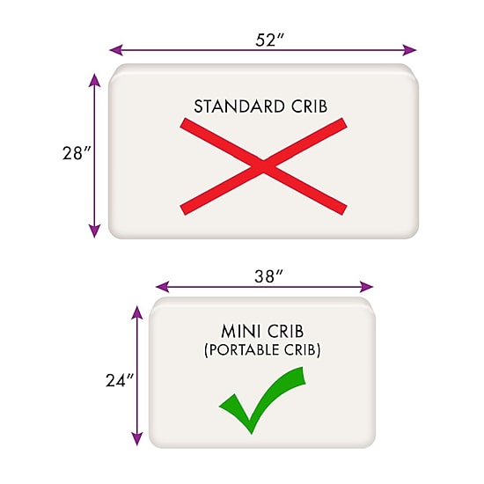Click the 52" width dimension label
click(269, 40)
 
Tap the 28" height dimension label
click(77, 153)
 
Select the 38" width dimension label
click(268, 276)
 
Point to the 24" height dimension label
click(120, 380)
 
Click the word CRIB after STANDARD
click(309, 106)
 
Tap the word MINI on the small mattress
click(240, 332)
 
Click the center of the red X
click(263, 166)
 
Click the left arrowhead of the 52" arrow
click(116, 50)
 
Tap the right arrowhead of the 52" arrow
click(409, 50)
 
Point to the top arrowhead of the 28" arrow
click(94, 80)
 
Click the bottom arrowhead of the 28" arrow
click(94, 231)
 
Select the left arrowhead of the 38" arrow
click(163, 287)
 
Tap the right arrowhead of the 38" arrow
click(367, 287)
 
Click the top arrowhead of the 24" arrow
click(136, 312)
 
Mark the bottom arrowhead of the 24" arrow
click(136, 439)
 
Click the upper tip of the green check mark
click(303, 368)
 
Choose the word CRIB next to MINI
click(285, 332)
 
